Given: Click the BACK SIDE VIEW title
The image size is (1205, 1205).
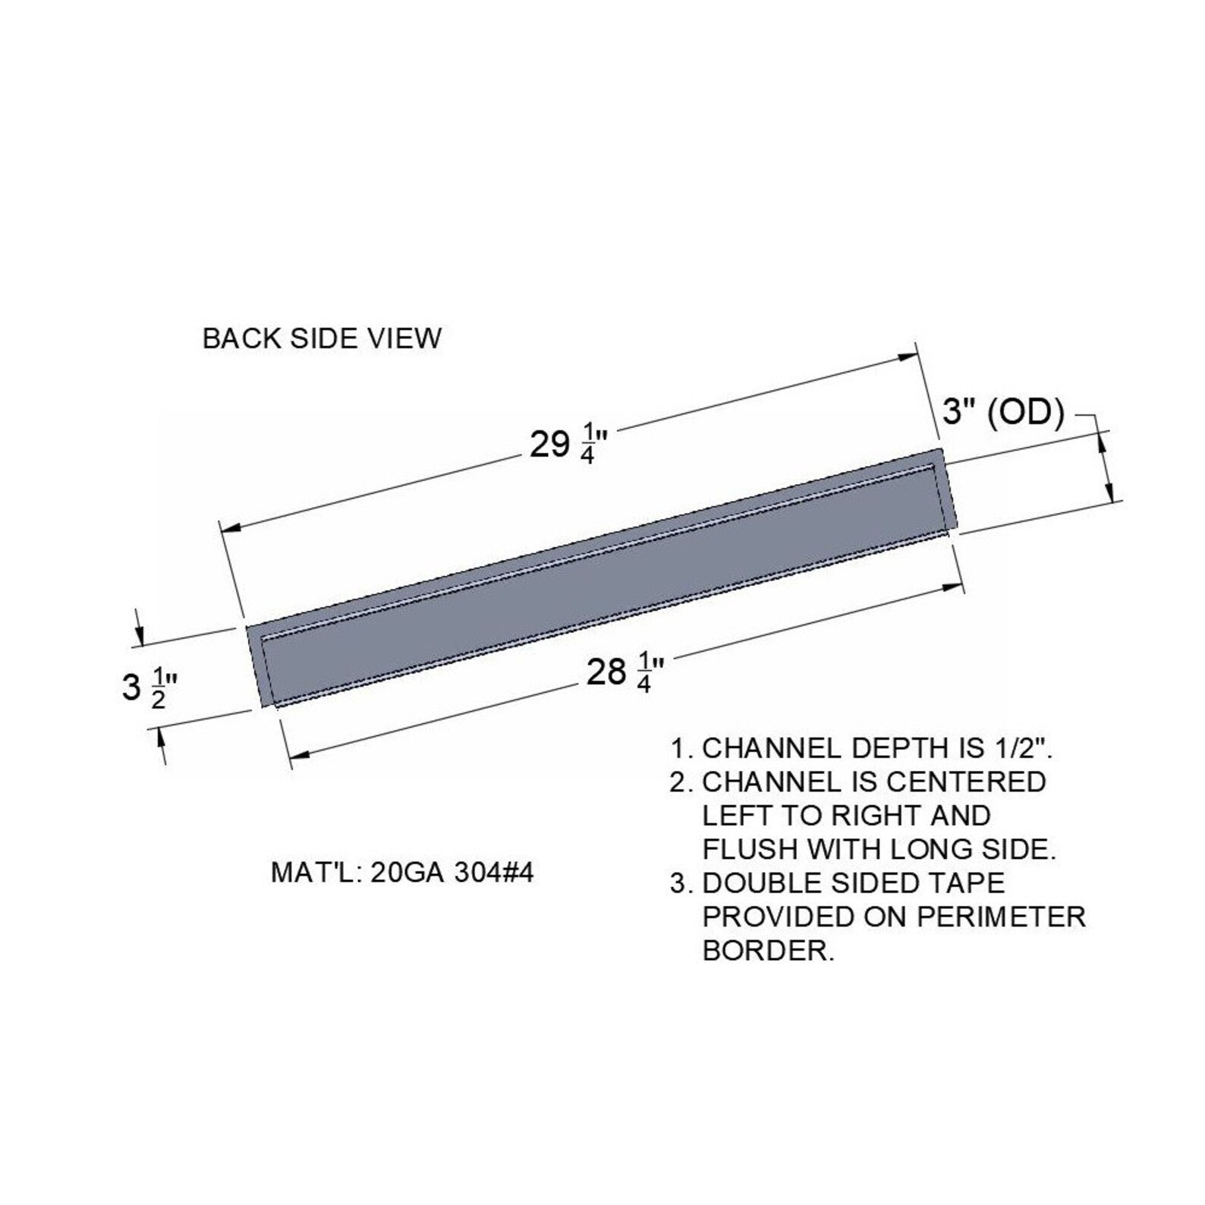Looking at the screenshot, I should pos(321,338).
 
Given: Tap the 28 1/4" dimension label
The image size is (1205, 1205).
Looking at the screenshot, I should pos(624,672).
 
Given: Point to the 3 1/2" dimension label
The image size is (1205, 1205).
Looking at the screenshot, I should pos(149,687).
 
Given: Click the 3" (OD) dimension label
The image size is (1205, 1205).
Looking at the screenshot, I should pos(1003,413).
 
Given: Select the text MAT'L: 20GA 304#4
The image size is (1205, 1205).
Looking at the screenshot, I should pos(402,873).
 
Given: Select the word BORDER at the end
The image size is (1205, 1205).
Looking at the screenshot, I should pos(768,950).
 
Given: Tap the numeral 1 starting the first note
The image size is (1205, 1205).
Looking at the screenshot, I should pos(678,749).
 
